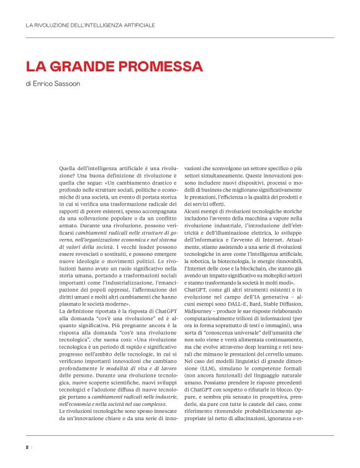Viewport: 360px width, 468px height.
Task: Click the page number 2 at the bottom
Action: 27,448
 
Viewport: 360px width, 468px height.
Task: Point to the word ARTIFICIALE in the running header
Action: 134,25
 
